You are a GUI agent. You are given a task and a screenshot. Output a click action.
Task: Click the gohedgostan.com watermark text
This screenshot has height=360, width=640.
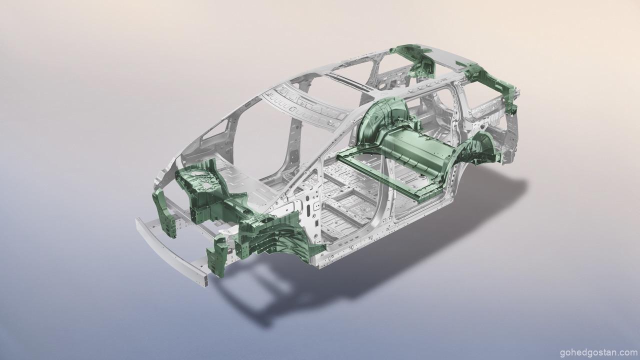[x=598, y=352]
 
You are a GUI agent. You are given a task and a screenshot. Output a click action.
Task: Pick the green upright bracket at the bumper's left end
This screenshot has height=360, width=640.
[x=165, y=213]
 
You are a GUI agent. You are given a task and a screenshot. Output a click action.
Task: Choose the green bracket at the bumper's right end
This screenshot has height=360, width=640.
[x=217, y=255]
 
